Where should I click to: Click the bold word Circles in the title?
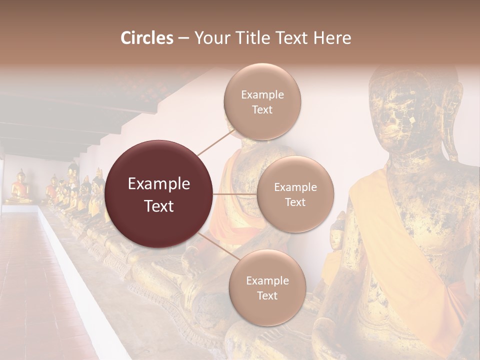(146, 38)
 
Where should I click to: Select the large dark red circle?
(159, 194)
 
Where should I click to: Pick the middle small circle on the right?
(295, 194)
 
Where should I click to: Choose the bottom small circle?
(267, 287)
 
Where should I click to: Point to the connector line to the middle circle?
(235, 194)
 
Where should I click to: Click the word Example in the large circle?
(159, 184)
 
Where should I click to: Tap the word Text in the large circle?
(159, 206)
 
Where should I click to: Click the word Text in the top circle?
(262, 110)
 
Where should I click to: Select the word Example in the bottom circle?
(267, 280)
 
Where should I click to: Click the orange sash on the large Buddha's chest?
(390, 225)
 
